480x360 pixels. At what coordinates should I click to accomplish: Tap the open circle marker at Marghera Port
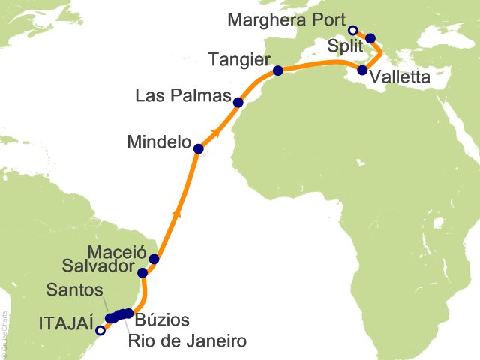353,30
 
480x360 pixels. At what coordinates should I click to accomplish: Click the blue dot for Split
370,37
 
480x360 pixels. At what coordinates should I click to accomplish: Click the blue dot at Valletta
363,70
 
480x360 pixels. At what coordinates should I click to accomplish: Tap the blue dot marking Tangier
278,71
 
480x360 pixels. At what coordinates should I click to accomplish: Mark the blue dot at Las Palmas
238,103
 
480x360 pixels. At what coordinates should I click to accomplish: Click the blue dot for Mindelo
199,148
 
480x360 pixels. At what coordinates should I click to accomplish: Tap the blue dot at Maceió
154,259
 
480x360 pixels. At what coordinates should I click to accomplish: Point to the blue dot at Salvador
142,272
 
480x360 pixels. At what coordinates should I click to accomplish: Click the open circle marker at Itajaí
100,328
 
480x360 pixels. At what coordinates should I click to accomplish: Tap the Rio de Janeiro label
187,341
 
